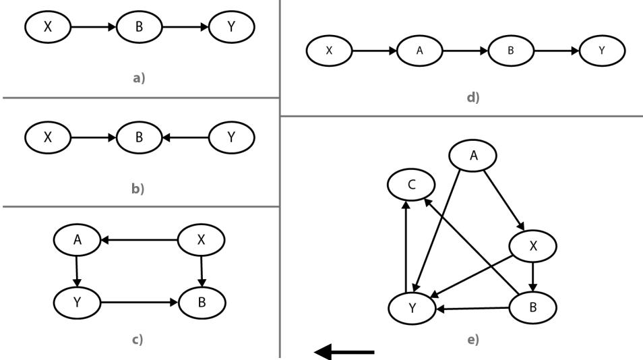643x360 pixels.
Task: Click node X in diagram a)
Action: pyautogui.click(x=48, y=27)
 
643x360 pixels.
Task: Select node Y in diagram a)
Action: pyautogui.click(x=232, y=27)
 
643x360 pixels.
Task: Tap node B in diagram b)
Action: pyautogui.click(x=140, y=138)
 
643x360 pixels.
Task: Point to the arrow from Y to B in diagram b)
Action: pyautogui.click(x=185, y=138)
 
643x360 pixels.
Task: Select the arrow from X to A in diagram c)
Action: pyautogui.click(x=138, y=239)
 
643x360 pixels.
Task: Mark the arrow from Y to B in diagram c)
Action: pyautogui.click(x=140, y=303)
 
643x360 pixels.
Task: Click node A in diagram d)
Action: pyautogui.click(x=419, y=51)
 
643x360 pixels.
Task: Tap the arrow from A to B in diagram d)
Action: pyautogui.click(x=464, y=51)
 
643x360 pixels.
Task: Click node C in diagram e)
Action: pyautogui.click(x=411, y=183)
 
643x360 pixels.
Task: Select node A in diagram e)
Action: pyautogui.click(x=473, y=156)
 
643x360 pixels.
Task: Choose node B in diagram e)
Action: pyautogui.click(x=532, y=307)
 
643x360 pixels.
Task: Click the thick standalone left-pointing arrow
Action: pyautogui.click(x=344, y=351)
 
